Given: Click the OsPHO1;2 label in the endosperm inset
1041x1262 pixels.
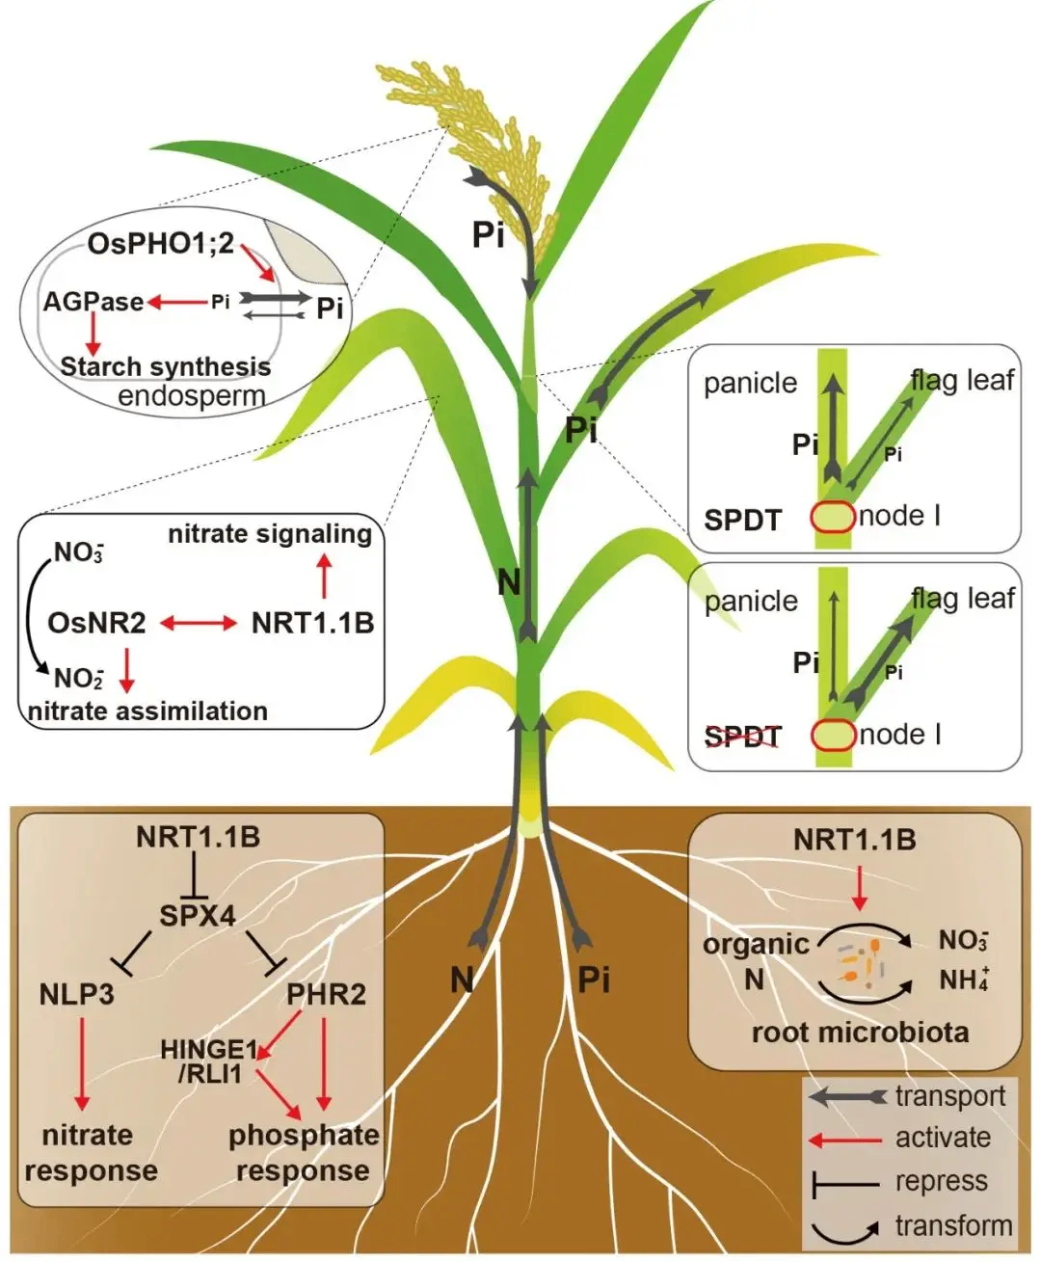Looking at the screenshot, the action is (x=160, y=244).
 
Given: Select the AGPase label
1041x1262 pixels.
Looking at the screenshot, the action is (x=93, y=302).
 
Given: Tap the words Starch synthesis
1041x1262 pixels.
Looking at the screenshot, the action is (x=166, y=366).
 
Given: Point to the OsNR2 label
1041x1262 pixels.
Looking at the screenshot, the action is (x=96, y=623).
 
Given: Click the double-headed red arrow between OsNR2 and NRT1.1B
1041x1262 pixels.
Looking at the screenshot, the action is (x=199, y=623).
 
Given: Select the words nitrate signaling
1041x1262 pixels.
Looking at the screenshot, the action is (x=270, y=534).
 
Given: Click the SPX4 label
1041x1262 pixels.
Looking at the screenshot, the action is (x=198, y=916).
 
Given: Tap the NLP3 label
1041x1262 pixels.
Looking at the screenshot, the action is (x=77, y=994).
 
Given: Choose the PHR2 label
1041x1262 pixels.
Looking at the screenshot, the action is (x=326, y=994).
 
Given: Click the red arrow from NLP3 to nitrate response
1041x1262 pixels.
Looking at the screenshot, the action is (x=81, y=1063).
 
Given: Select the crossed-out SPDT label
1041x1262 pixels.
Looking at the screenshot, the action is (x=743, y=738).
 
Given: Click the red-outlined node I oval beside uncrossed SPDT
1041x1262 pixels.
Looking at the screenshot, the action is (x=833, y=517).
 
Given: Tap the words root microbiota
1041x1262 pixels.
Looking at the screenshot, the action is (x=861, y=1033).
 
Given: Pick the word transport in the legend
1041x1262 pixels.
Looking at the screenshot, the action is (x=950, y=1096).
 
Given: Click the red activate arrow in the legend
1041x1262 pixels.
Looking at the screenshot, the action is (x=844, y=1141).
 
